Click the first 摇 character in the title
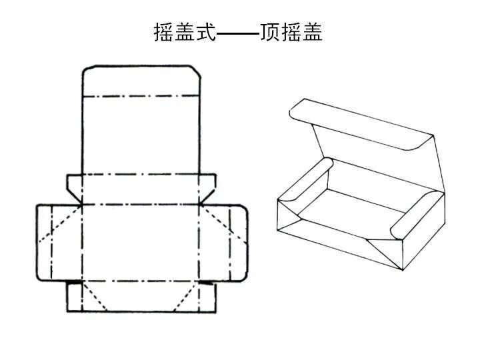[164, 33]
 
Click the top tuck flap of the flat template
[141, 80]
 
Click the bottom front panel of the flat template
[141, 297]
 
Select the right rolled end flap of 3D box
[413, 213]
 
